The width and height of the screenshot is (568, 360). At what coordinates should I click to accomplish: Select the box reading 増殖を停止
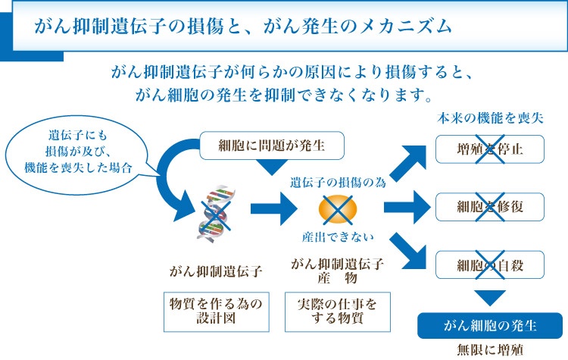(490, 149)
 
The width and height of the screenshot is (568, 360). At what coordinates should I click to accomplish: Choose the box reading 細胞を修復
(490, 206)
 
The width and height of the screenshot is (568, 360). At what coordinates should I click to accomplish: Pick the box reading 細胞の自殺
(490, 265)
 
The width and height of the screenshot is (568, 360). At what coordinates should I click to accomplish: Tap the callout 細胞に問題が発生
(261, 144)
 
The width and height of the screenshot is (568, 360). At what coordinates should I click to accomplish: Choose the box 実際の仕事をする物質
(336, 311)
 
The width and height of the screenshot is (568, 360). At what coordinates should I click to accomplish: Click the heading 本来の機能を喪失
(490, 119)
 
